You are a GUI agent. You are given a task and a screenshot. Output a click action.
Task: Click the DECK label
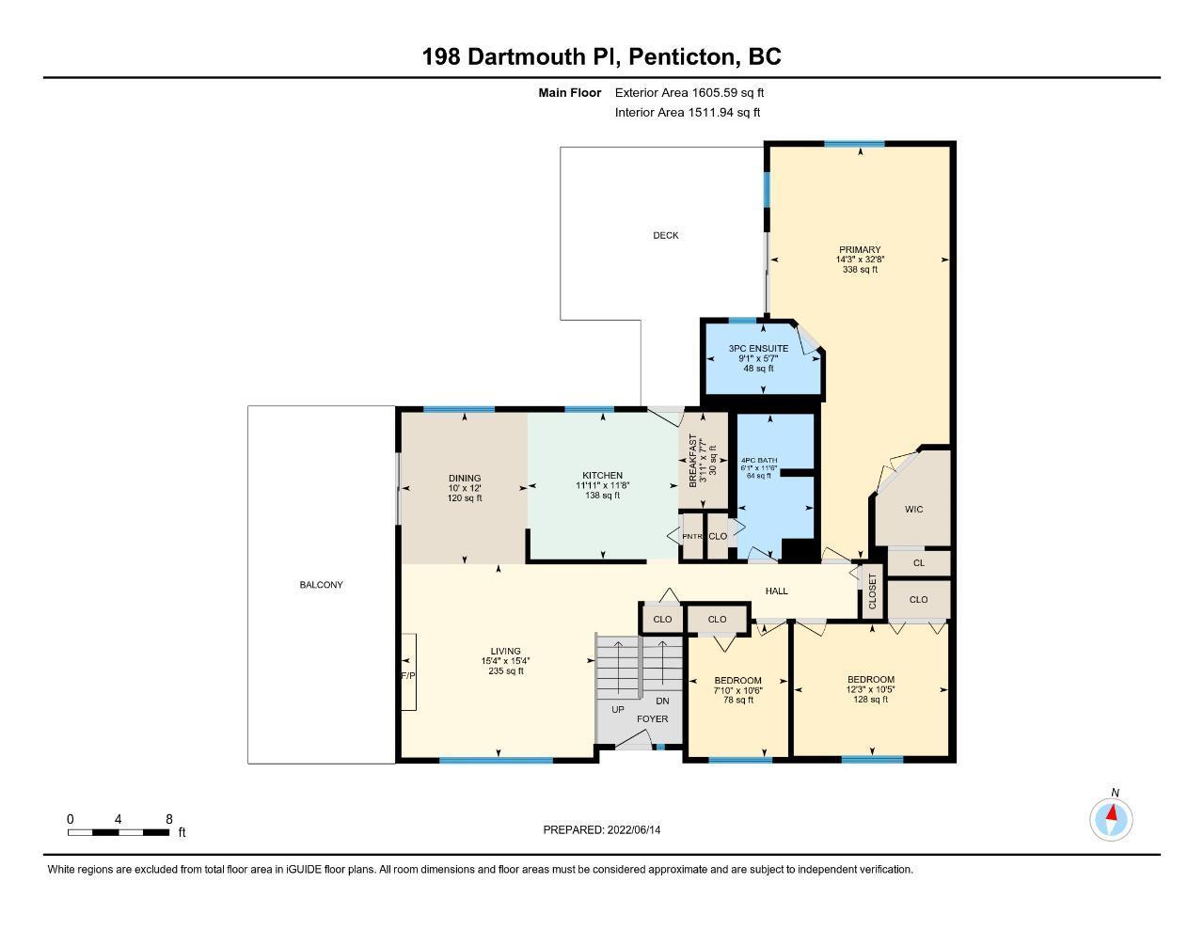(x=665, y=235)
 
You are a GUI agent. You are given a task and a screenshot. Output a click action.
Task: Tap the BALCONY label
(x=322, y=584)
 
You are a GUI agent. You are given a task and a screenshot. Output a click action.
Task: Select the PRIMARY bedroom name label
(x=860, y=249)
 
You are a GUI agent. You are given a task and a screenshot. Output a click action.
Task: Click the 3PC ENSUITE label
(x=758, y=349)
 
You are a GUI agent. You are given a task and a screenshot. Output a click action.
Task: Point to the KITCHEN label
(x=602, y=475)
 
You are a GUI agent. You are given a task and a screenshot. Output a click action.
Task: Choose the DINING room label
(x=465, y=478)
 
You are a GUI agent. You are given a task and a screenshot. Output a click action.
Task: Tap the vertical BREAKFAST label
(x=692, y=461)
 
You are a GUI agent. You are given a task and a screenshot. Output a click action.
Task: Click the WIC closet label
(x=913, y=509)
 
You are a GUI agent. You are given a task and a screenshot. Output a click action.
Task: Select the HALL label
(x=776, y=591)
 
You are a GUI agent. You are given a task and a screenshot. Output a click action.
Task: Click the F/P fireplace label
(x=408, y=676)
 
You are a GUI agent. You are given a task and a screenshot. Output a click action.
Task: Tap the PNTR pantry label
(x=692, y=536)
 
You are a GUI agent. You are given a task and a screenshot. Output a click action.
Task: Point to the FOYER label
(x=652, y=719)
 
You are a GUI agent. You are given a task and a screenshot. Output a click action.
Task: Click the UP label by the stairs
(x=618, y=710)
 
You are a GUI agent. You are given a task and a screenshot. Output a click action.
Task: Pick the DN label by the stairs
(x=662, y=701)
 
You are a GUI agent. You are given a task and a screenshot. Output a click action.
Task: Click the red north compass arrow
(x=1112, y=812)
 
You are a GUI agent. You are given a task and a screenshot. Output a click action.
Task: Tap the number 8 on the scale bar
(x=169, y=819)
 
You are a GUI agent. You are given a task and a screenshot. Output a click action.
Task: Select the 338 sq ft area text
(x=860, y=269)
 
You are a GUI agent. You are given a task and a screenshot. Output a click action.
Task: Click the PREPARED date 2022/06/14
(x=634, y=829)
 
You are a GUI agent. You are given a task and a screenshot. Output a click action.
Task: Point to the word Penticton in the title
(x=685, y=56)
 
